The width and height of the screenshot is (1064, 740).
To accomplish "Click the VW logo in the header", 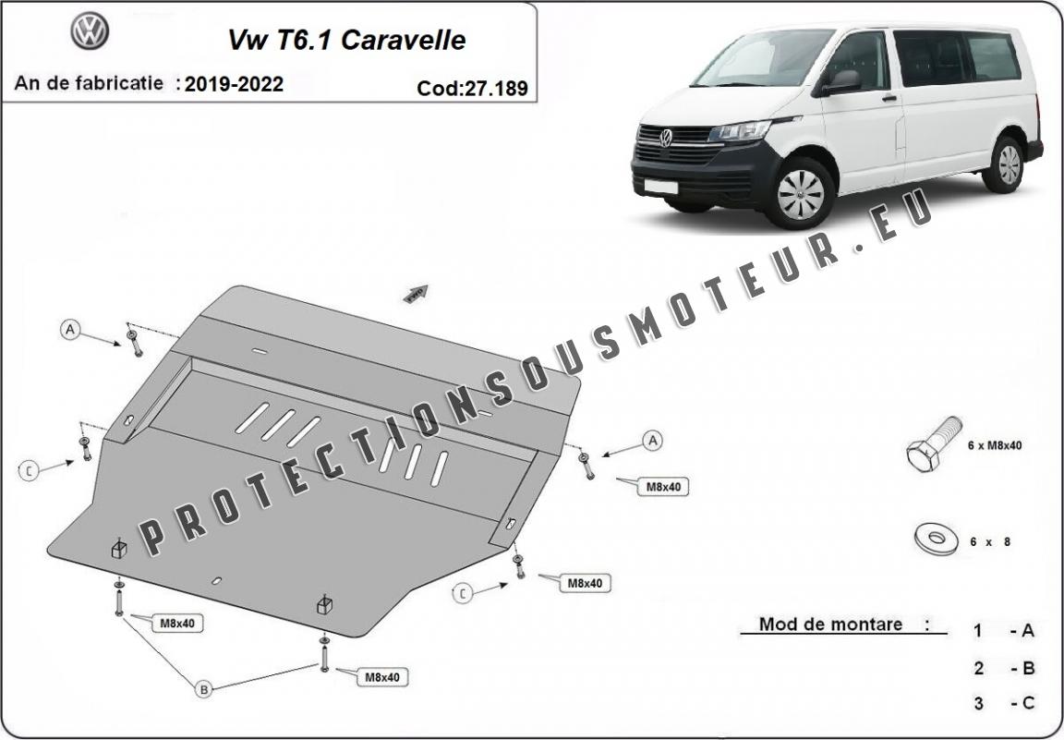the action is (x=91, y=31).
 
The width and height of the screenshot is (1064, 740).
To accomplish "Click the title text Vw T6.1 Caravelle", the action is (x=346, y=40).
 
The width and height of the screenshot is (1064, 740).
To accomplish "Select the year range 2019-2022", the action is (x=234, y=84).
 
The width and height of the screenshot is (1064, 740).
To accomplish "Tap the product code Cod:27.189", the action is (x=472, y=89).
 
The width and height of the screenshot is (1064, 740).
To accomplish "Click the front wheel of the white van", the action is (x=801, y=193).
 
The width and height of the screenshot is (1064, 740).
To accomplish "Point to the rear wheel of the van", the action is (x=1007, y=165).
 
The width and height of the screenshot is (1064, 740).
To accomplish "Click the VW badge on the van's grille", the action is (x=666, y=138).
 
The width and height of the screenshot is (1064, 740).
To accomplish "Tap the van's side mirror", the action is (x=842, y=83).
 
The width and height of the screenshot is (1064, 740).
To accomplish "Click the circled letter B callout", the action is (x=203, y=690).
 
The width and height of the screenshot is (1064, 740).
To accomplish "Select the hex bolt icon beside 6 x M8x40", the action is (x=935, y=444).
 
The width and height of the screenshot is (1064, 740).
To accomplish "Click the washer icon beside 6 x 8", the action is (x=937, y=539).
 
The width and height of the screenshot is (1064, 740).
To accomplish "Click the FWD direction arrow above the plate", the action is (x=416, y=293).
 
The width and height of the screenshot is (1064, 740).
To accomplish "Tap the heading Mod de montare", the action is (x=830, y=625).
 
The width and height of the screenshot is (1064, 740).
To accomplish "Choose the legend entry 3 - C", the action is (x=1004, y=703).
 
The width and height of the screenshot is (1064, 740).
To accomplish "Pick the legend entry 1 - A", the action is (x=1004, y=631).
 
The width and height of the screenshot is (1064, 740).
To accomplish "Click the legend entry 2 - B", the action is (x=1004, y=668).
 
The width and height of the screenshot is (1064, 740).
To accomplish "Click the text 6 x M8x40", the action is (x=995, y=445).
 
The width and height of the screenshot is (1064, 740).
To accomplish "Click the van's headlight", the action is (x=741, y=130).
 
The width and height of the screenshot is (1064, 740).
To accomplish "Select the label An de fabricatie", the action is (x=89, y=83).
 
